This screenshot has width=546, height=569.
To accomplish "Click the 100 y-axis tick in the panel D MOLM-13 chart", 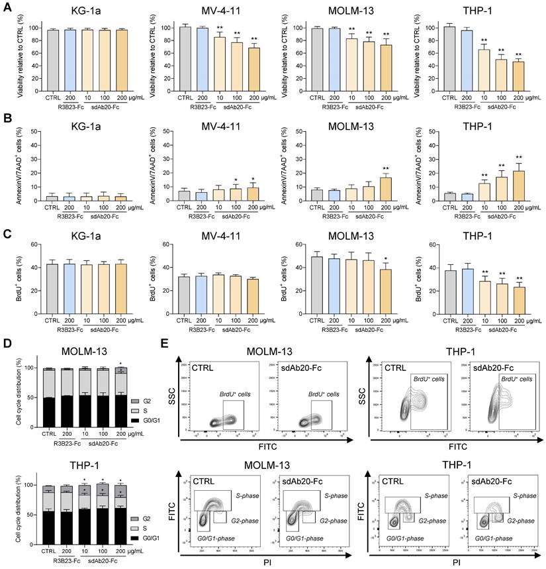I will pyautogui.click(x=28, y=367).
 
